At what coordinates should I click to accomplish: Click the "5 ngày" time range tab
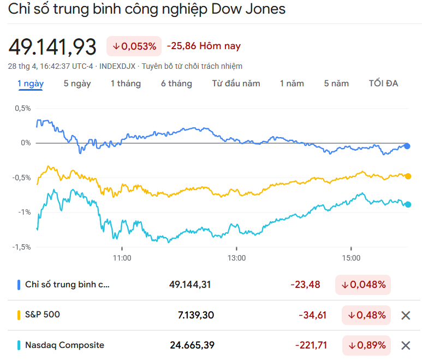pyautogui.click(x=77, y=84)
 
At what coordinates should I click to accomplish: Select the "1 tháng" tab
pyautogui.click(x=126, y=84)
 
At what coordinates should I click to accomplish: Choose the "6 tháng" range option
pyautogui.click(x=176, y=84)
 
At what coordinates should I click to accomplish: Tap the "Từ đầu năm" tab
pyautogui.click(x=236, y=84)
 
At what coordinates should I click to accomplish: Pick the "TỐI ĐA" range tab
pyautogui.click(x=383, y=84)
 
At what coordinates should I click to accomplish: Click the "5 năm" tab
pyautogui.click(x=336, y=84)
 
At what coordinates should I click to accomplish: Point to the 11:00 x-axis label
pyautogui.click(x=122, y=258)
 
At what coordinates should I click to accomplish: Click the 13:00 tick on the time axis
pyautogui.click(x=236, y=258)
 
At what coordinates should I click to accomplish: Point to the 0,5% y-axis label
pyautogui.click(x=22, y=108)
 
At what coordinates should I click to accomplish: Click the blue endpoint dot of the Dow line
pyautogui.click(x=407, y=146)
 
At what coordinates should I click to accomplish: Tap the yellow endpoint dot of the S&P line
pyautogui.click(x=408, y=176)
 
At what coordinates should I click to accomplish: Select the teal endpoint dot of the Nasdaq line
pyautogui.click(x=408, y=204)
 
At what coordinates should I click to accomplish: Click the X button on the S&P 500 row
pyautogui.click(x=406, y=315)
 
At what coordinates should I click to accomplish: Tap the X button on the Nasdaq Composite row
pyautogui.click(x=406, y=345)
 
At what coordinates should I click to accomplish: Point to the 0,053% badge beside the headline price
pyautogui.click(x=134, y=46)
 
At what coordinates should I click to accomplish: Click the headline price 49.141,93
pyautogui.click(x=52, y=46)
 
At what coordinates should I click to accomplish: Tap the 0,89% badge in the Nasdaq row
pyautogui.click(x=366, y=345)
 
